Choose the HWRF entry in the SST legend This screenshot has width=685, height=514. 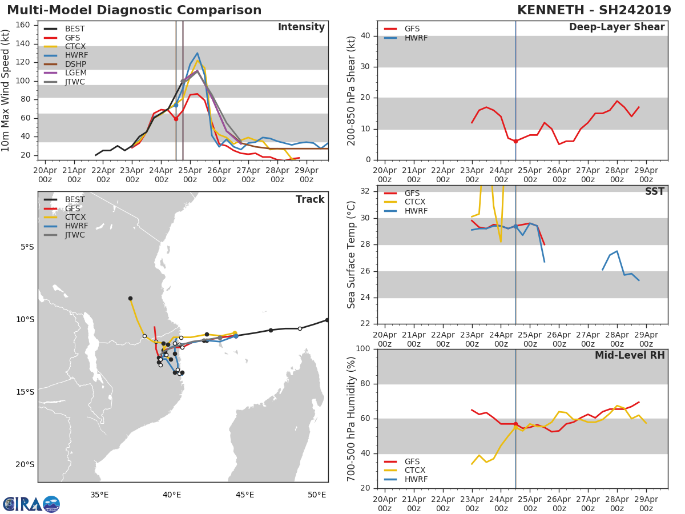[x=416, y=211]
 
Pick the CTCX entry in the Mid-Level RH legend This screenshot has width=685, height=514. [x=416, y=470]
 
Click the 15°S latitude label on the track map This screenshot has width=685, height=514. [x=26, y=392]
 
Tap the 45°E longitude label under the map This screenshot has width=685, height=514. [x=245, y=495]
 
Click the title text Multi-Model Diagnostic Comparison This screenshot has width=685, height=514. [x=134, y=10]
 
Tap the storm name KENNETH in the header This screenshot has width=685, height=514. [x=550, y=10]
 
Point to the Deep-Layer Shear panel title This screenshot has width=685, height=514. [x=616, y=27]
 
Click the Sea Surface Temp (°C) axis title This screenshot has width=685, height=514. [x=352, y=255]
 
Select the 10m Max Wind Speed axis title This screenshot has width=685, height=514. [x=6, y=90]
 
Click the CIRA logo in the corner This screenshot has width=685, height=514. [x=31, y=504]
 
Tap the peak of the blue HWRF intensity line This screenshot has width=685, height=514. [x=197, y=53]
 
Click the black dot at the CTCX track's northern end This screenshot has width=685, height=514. [x=130, y=298]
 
